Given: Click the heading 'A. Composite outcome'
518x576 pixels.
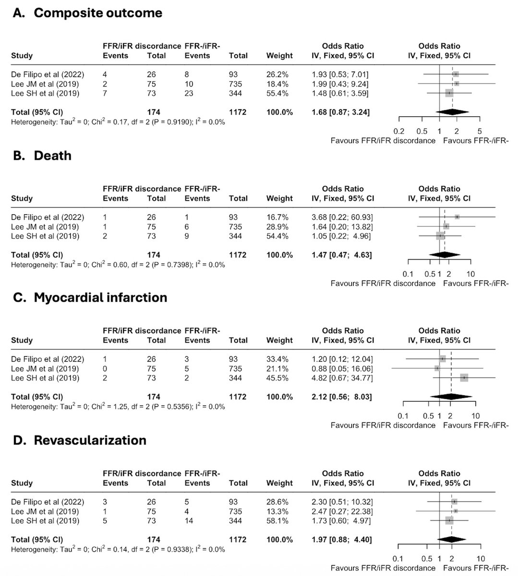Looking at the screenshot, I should pos(87,13).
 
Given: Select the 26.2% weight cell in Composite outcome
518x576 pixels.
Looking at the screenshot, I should pos(277,74).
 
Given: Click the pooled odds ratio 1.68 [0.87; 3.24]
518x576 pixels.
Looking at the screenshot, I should pos(340,112).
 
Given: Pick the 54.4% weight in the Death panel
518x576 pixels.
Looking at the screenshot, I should pos(277,236).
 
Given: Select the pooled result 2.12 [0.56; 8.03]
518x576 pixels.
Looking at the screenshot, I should pos(340,397).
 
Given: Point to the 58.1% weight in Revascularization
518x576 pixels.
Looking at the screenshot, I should pos(277,521).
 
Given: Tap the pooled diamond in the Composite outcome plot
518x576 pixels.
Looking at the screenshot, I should pos(451,112).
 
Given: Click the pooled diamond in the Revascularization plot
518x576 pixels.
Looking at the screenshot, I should pos(452,540).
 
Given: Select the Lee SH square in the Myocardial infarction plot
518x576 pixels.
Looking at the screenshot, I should pos(464,378).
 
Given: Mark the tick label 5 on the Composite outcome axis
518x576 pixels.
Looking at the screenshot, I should pos(480,132).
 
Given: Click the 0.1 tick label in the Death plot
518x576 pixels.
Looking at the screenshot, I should pos(408,274).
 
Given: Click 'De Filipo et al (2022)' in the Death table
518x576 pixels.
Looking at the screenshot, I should pos(48,217).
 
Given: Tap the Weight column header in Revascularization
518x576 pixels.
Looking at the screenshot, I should pos(279,483).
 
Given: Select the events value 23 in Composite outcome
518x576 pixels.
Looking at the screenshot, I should pos(189,93).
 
